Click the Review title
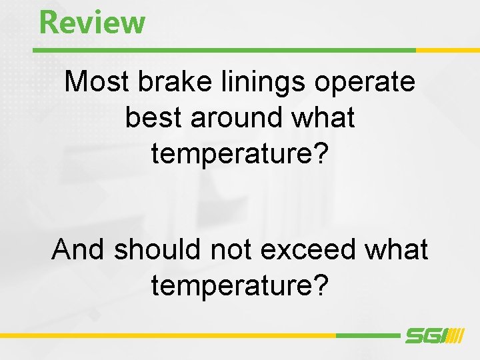coord(92,21)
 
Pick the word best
coord(153,117)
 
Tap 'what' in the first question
coord(323,117)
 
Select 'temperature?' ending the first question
coord(240,153)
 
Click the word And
coord(79,249)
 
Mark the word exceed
coord(309,249)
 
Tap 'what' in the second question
coord(397,249)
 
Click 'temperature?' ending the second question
coord(240,285)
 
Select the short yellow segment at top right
coord(447,50)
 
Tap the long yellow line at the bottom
coord(167,335)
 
